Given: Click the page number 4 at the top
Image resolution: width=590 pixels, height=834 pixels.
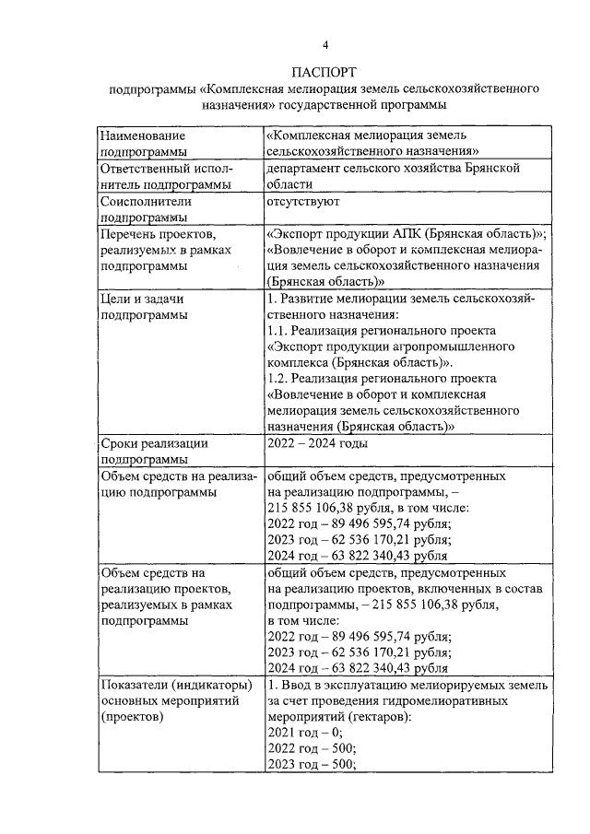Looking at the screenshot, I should [x=324, y=45].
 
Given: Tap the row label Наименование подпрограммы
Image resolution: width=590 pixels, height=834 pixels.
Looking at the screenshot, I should [x=143, y=142].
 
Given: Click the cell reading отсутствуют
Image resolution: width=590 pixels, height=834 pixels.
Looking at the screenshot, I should [x=303, y=200].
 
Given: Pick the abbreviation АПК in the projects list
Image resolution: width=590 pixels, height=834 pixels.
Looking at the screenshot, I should [x=416, y=233].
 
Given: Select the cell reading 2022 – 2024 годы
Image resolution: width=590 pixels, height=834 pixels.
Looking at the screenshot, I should [x=316, y=443].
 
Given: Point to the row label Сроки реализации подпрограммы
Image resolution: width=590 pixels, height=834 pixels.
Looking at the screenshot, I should [x=153, y=451].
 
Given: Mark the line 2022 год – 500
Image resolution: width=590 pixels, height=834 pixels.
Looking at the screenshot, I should [x=310, y=747].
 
